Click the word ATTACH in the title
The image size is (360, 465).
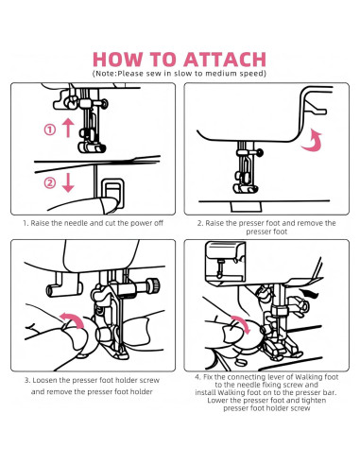[225, 60]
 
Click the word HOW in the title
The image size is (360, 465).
[117, 60]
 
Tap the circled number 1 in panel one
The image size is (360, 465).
[49, 129]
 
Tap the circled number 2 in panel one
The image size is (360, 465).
[49, 182]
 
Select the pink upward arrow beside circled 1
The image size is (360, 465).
[68, 128]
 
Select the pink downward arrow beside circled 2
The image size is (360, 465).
[68, 182]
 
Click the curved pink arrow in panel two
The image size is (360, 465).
[314, 141]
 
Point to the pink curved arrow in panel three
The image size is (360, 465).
[73, 319]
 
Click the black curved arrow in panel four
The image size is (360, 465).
[310, 294]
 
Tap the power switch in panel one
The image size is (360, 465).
[112, 193]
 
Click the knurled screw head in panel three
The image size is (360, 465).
[154, 285]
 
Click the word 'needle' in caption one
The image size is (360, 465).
[76, 223]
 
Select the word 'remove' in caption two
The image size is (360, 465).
[310, 223]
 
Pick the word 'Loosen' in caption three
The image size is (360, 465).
[44, 380]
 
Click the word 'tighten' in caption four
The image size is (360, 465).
[314, 401]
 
